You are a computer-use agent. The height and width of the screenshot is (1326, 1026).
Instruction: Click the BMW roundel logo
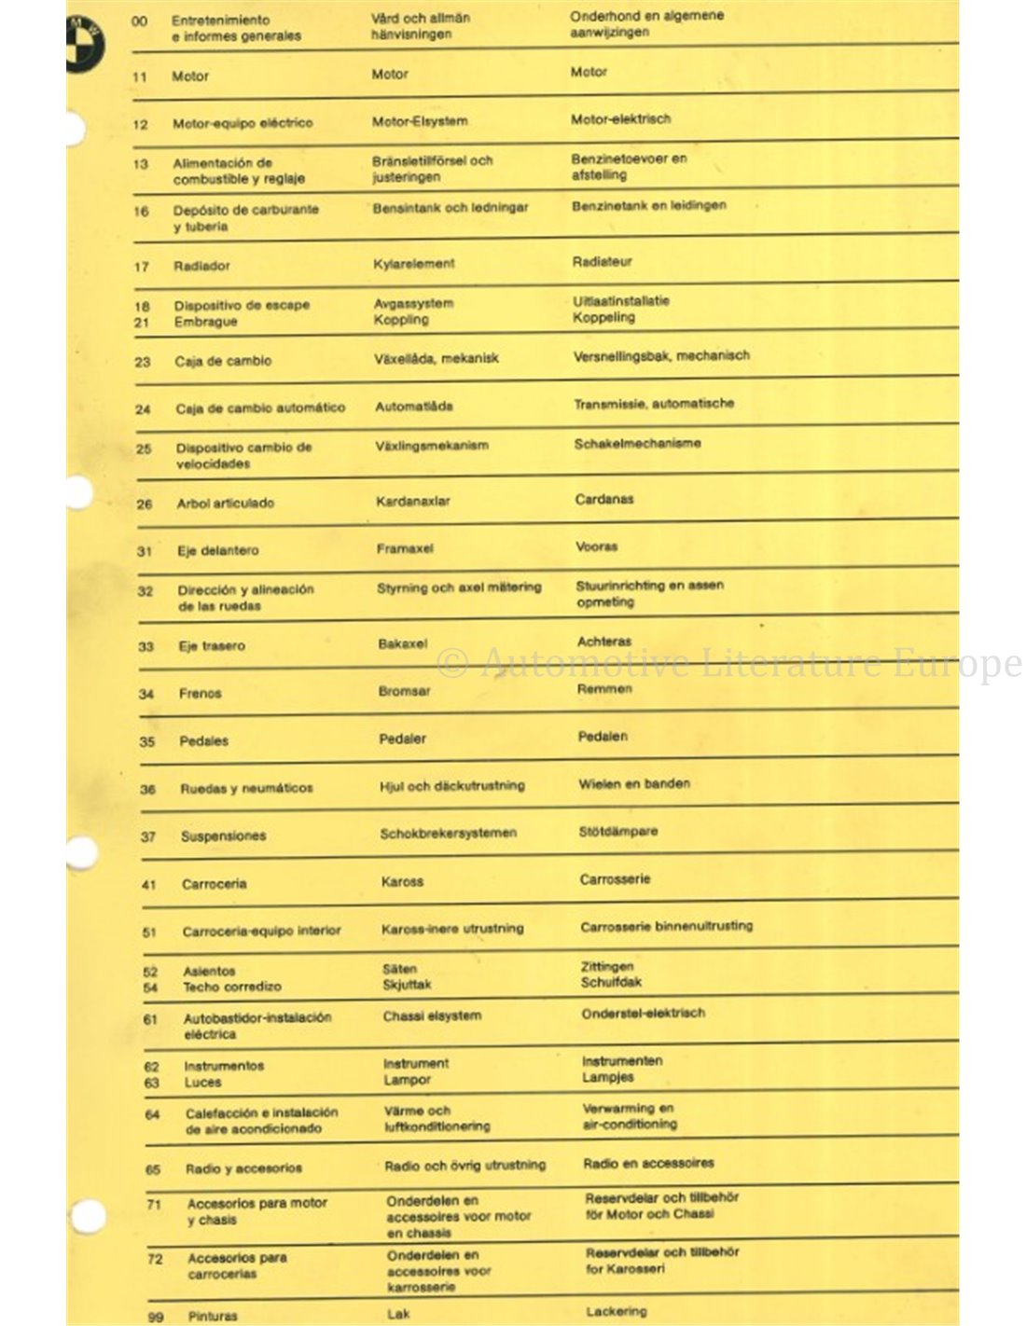tap(83, 44)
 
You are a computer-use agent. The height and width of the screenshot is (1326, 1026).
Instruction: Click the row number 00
tap(139, 21)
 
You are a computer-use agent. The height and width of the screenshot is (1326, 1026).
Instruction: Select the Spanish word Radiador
tap(201, 266)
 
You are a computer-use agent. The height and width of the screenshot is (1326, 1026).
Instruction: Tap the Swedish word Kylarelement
tap(413, 264)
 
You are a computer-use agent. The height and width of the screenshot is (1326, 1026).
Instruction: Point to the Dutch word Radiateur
tap(602, 262)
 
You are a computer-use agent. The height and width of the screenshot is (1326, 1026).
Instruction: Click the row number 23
tap(142, 362)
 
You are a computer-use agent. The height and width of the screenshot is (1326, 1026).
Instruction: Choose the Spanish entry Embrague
tap(205, 322)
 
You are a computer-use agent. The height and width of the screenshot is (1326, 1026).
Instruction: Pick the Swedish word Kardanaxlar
tap(412, 502)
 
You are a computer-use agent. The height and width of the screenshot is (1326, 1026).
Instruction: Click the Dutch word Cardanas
tap(603, 500)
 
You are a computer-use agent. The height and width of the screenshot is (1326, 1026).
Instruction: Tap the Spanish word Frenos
tap(200, 694)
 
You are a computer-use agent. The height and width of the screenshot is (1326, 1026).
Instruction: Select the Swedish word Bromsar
tap(404, 692)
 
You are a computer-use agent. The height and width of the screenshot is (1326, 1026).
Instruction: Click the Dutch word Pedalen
tap(603, 737)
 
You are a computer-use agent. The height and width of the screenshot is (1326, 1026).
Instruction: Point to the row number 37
tap(147, 836)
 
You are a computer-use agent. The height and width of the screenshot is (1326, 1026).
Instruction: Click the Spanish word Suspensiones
tap(223, 836)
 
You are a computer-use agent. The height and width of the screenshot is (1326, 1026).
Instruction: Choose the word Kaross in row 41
tap(402, 882)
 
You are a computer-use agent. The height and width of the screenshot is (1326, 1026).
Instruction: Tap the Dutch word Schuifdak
tap(611, 982)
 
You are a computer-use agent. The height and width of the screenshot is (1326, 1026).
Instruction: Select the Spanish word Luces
tap(202, 1083)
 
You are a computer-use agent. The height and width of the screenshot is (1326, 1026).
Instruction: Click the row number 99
tap(155, 1317)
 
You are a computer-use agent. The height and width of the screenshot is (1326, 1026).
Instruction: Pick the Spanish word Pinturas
tap(213, 1317)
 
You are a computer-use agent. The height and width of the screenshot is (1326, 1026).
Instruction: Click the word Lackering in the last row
tap(616, 1312)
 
